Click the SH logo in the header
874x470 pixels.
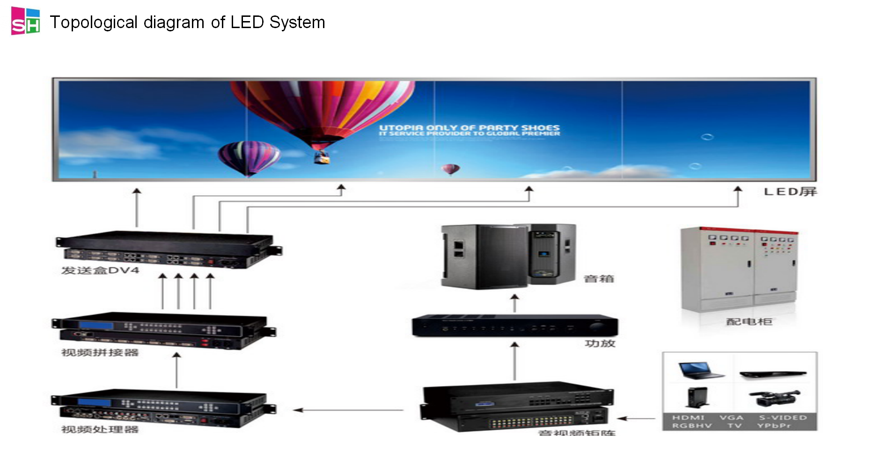coord(25,21)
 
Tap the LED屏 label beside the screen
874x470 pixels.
coord(790,191)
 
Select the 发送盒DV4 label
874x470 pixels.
coord(100,271)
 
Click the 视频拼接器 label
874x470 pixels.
coord(100,352)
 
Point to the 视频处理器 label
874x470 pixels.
coord(100,429)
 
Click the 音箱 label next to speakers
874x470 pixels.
coord(599,279)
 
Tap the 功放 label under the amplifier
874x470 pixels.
coord(600,344)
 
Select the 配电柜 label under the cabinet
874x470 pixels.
coord(749,322)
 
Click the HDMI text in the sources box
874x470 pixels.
coord(688,418)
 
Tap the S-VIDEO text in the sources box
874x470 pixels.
coord(783,418)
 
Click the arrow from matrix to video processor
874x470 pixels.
coord(348,410)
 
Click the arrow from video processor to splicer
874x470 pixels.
coord(176,370)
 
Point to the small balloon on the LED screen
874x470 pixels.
coord(450,169)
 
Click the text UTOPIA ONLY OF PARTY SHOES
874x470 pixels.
coord(469,128)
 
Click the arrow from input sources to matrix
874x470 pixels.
coord(637,419)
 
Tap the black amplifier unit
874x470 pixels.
coord(514,326)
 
